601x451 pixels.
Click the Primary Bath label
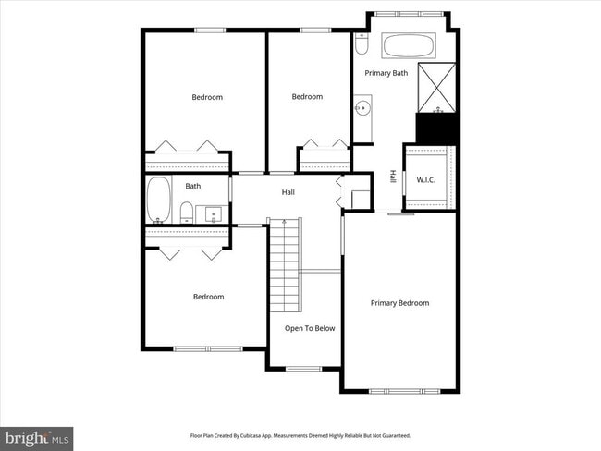pos(386,73)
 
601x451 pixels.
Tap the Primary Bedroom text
pos(399,303)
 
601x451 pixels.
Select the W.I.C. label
pos(426,179)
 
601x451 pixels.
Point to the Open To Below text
pos(310,328)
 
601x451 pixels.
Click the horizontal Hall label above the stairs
pos(288,192)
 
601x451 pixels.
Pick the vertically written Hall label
pos(393,176)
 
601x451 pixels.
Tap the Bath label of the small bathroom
pos(192,186)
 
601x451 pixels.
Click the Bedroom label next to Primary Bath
pos(307,97)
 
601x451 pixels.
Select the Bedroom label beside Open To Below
pos(208,297)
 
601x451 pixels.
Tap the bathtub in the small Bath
pos(158,198)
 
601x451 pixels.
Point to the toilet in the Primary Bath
pos(362,44)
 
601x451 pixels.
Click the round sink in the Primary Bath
pos(362,109)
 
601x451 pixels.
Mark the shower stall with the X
pos(437,87)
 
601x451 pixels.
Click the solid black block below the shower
pos(437,128)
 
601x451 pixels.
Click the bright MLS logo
pos(38,437)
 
